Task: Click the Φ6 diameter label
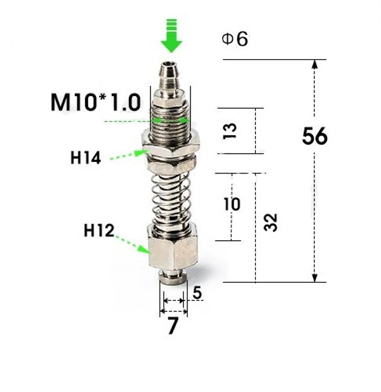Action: coord(235,39)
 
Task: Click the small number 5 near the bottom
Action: coord(197,293)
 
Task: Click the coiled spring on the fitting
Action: coord(172,197)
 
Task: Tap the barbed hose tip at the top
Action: coord(170,75)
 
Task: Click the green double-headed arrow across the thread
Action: coord(170,119)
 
